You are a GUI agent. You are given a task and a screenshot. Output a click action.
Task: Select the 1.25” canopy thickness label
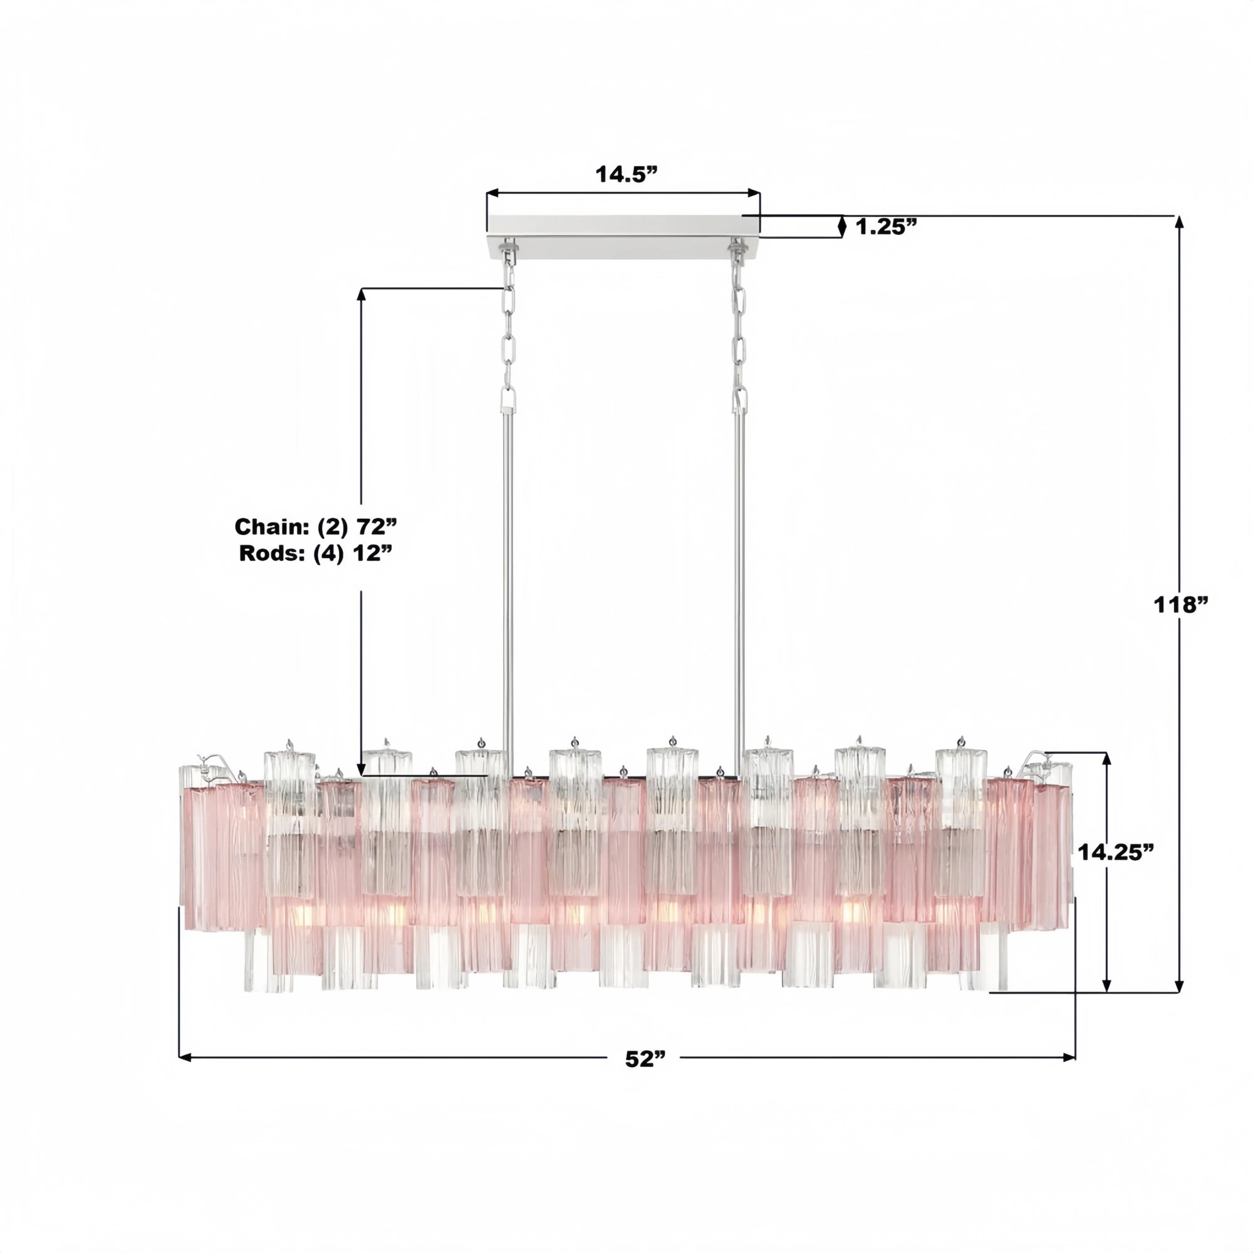coord(886,226)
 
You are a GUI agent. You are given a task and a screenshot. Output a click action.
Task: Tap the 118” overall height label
coord(1181,605)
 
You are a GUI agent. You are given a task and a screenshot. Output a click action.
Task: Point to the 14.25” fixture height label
coord(1117,852)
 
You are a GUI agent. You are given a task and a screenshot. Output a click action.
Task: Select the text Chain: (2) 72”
coord(315,527)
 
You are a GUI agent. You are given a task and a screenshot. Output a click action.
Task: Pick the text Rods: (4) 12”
coord(316,553)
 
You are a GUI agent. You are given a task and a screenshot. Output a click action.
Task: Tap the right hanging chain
coord(739,337)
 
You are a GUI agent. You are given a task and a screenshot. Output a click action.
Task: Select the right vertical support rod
coord(739,584)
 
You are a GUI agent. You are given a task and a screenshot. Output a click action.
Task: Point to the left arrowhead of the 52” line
coord(185,1057)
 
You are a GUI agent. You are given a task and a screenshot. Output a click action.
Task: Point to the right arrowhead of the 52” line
coord(1069,1057)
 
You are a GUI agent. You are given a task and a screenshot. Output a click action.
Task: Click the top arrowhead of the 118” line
coord(1180,222)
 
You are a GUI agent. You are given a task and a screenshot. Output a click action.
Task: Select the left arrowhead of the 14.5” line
coord(492,193)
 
